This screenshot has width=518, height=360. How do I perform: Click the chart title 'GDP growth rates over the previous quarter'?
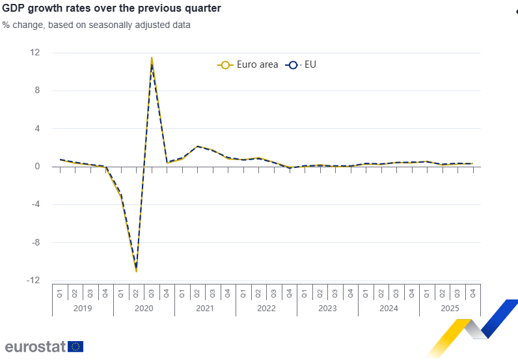[111, 8]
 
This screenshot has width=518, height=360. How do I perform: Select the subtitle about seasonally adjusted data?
[96, 25]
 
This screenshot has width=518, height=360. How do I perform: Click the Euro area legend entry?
[248, 64]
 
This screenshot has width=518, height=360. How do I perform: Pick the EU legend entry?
[301, 64]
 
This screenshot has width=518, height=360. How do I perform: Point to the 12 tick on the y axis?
[36, 53]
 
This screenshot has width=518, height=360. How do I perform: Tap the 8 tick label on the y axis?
[37, 90]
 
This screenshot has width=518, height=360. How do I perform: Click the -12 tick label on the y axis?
[34, 281]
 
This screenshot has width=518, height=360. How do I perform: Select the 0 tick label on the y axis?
[37, 167]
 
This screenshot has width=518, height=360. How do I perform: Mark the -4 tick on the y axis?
[36, 204]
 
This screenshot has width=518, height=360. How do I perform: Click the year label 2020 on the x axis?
[144, 309]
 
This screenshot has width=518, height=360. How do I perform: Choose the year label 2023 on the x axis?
[327, 309]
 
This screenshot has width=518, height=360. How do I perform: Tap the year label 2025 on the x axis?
[450, 309]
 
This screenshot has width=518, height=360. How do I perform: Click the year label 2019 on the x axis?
[83, 309]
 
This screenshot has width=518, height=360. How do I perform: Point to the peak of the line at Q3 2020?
[152, 59]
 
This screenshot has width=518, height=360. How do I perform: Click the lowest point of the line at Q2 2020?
[136, 270]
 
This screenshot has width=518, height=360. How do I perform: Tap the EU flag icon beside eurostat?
[75, 346]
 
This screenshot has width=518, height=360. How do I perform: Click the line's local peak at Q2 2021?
[197, 146]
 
